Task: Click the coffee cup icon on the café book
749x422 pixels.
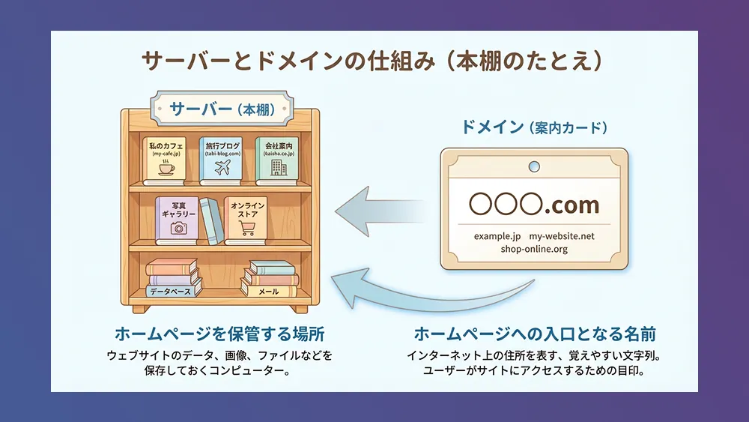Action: pyautogui.click(x=166, y=167)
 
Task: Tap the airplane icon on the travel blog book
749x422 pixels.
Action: pyautogui.click(x=222, y=167)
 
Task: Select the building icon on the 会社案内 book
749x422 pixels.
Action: pyautogui.click(x=279, y=167)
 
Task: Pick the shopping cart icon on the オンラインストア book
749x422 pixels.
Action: pyautogui.click(x=247, y=228)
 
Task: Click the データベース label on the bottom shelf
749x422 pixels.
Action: pyautogui.click(x=171, y=291)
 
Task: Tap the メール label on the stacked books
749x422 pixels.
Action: pyautogui.click(x=268, y=291)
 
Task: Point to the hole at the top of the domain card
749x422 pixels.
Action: pyautogui.click(x=534, y=166)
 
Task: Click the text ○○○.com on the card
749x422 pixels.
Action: pyautogui.click(x=534, y=204)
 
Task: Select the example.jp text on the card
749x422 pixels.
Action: pyautogui.click(x=497, y=236)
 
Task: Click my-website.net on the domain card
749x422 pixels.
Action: pyautogui.click(x=562, y=236)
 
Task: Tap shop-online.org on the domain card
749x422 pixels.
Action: pyautogui.click(x=534, y=249)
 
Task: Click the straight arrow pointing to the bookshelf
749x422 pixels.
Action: pyautogui.click(x=380, y=211)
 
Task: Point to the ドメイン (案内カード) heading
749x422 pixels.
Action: pyautogui.click(x=534, y=127)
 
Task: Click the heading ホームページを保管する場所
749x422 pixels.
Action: pyautogui.click(x=219, y=334)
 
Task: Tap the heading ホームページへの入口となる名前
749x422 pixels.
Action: pyautogui.click(x=535, y=334)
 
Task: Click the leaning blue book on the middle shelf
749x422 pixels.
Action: pyautogui.click(x=212, y=221)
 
